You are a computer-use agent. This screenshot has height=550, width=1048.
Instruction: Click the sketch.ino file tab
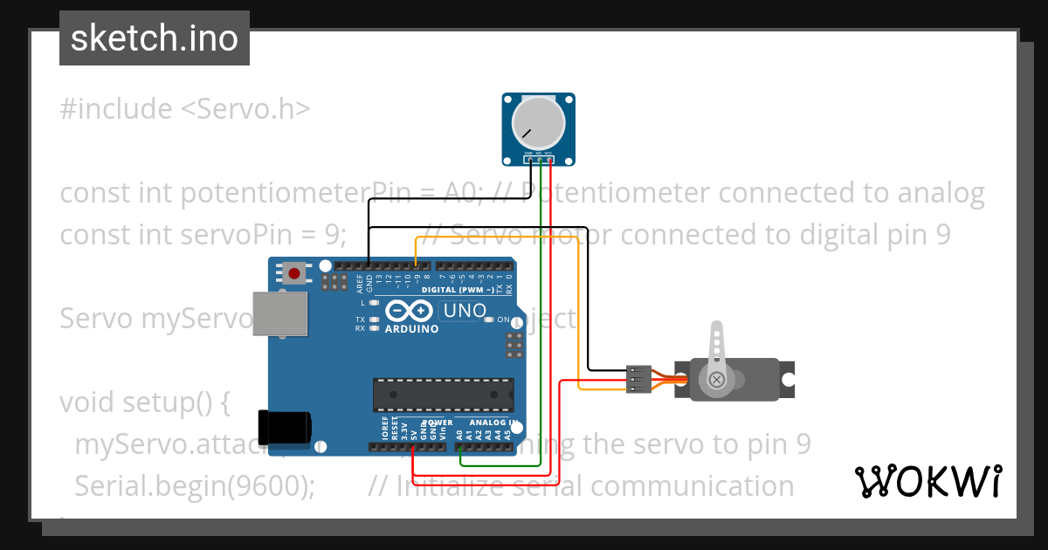click(155, 38)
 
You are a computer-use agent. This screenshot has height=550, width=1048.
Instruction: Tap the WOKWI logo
click(927, 481)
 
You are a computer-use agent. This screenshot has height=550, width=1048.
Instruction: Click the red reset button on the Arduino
click(294, 274)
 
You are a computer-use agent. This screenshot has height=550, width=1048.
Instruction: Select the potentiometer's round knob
click(539, 122)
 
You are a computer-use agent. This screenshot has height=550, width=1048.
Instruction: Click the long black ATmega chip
click(443, 395)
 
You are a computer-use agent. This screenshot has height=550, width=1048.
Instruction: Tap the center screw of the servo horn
click(716, 380)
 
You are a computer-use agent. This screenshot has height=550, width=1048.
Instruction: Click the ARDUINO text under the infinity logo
click(410, 329)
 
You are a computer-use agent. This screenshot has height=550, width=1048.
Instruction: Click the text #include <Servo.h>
click(185, 109)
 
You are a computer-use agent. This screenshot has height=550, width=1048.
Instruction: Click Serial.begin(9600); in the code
click(195, 486)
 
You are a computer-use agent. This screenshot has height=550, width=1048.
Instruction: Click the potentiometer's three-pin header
click(538, 158)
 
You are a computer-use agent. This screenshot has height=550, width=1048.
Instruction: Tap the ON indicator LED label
click(504, 320)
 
